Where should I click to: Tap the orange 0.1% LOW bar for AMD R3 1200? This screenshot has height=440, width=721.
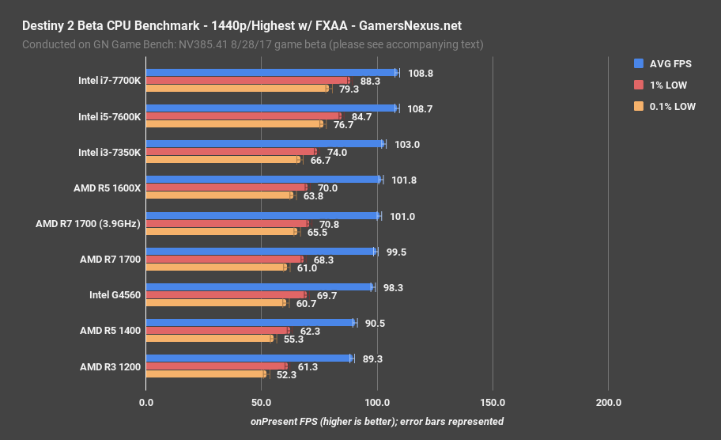206,374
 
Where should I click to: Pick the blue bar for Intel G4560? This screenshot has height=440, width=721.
259,287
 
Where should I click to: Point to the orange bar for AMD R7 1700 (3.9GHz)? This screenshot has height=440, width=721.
221,232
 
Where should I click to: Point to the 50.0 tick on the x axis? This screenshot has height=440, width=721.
261,403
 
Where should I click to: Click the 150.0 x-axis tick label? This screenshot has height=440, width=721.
493,403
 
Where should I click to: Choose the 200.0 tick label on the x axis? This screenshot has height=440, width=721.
608,403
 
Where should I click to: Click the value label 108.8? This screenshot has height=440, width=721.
421,73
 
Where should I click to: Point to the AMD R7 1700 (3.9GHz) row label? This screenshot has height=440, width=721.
88,224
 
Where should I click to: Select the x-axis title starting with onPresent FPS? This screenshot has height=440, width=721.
376,422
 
